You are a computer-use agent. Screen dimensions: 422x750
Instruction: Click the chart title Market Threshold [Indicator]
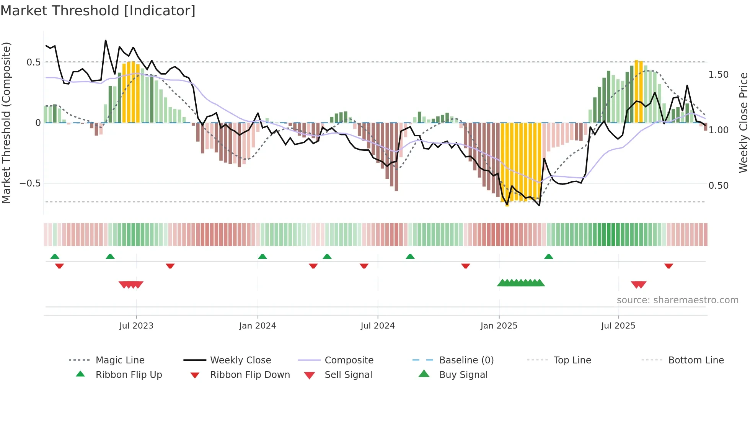point(98,11)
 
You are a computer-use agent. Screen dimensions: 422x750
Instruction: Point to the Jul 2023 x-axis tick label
point(136,326)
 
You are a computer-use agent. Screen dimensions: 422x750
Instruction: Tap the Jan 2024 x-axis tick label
point(258,326)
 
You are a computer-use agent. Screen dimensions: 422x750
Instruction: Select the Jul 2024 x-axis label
point(378,326)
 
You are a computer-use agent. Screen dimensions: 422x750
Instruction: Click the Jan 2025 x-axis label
point(499,326)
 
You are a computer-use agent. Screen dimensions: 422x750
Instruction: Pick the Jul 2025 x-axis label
point(618,326)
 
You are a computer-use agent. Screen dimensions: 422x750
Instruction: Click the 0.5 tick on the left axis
point(33,62)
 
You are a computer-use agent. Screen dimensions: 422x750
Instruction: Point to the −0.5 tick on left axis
point(30,183)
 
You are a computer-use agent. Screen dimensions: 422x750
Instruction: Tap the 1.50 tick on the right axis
point(719,75)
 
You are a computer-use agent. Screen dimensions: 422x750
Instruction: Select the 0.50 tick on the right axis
point(719,186)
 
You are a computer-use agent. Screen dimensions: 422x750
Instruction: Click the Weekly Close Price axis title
point(743,123)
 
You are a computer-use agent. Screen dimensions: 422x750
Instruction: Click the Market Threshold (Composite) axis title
point(6,123)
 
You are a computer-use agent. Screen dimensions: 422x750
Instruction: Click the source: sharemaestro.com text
point(677,300)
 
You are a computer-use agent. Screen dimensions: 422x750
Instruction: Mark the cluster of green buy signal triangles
point(521,283)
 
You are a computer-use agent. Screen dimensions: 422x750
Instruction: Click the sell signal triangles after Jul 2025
point(638,285)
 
